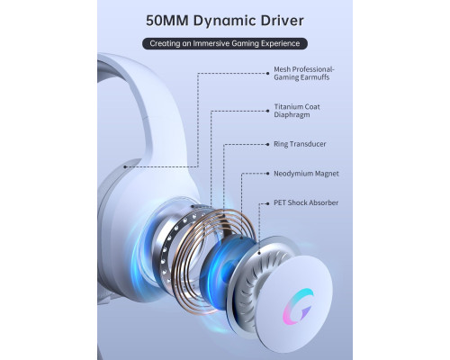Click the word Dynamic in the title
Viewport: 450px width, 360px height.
click(224, 21)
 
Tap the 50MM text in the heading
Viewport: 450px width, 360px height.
click(167, 21)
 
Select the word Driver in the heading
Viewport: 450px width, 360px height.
click(282, 21)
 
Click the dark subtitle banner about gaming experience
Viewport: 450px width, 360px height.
click(225, 43)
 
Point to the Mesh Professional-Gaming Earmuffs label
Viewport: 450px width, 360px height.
click(303, 74)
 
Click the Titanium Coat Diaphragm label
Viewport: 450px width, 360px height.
click(297, 111)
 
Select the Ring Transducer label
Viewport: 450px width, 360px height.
click(300, 144)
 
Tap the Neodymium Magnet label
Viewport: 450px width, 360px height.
click(306, 174)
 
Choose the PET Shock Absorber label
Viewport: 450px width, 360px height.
click(306, 202)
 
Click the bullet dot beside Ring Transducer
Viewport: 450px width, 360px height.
click(267, 144)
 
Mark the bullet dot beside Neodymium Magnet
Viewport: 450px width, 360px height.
click(267, 174)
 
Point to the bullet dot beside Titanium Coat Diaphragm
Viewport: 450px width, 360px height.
click(267, 111)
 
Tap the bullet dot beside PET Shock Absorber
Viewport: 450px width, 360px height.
click(267, 203)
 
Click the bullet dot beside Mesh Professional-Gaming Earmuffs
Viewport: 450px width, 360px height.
click(267, 73)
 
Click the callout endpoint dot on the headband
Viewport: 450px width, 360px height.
click(125, 166)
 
